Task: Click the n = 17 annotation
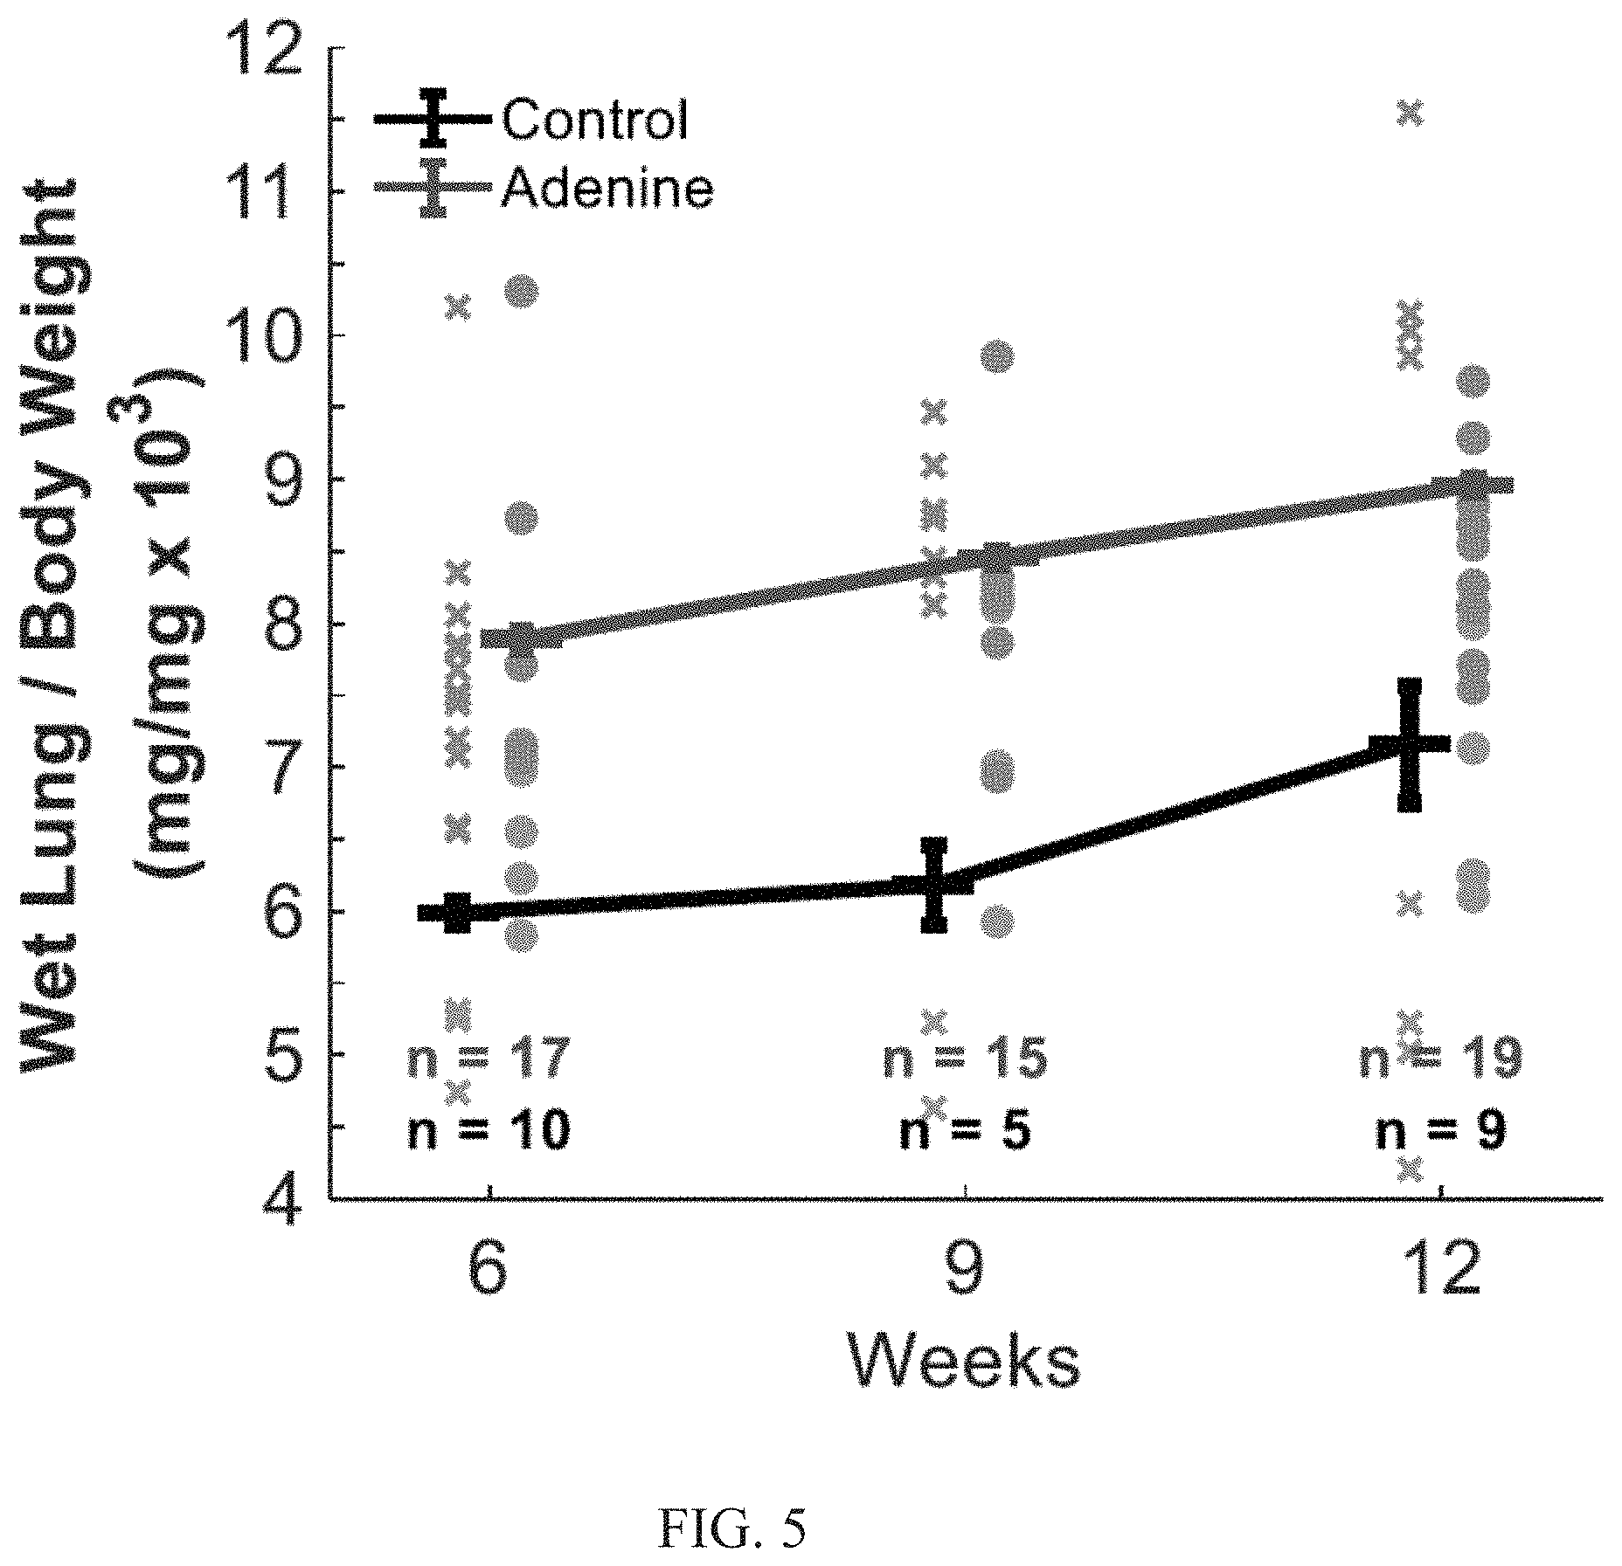[x=489, y=1059]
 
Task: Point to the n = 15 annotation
[x=965, y=1059]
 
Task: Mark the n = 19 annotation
[x=1440, y=1059]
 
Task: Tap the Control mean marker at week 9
[x=934, y=884]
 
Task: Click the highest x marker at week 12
[x=1411, y=113]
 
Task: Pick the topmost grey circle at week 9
[x=997, y=356]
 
